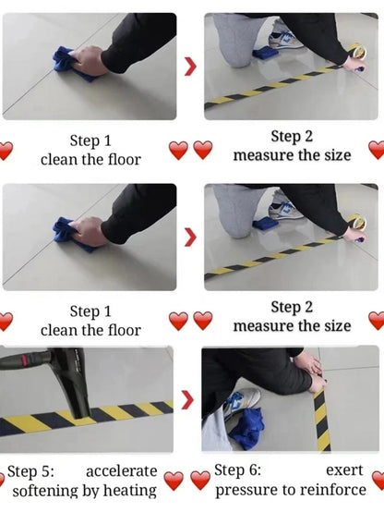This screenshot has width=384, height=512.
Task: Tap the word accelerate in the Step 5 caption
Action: pyautogui.click(x=120, y=470)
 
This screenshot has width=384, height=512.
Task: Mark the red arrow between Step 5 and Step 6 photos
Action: pyautogui.click(x=187, y=400)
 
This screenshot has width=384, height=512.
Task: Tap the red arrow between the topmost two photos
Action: pyautogui.click(x=190, y=66)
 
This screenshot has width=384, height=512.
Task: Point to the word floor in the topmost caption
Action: pyautogui.click(x=123, y=159)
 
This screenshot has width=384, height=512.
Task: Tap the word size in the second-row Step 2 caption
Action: pyautogui.click(x=336, y=325)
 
